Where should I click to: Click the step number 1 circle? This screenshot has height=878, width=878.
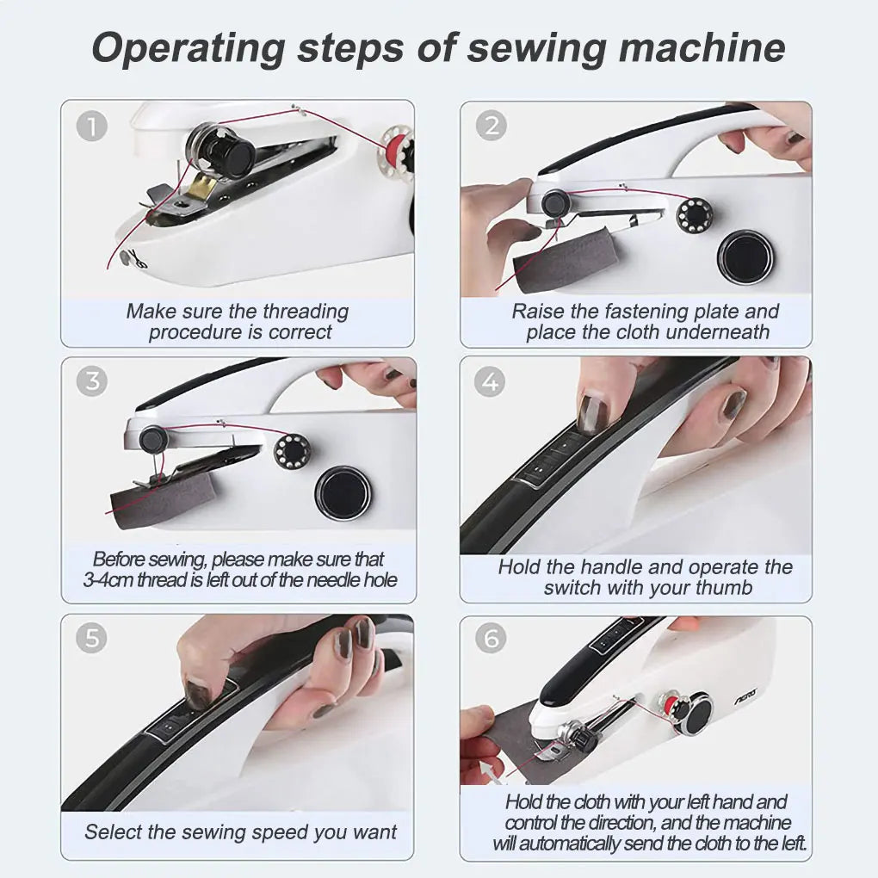tap(92, 127)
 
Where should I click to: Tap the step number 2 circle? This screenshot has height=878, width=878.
tap(492, 127)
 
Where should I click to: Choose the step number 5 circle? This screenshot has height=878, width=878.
tap(92, 639)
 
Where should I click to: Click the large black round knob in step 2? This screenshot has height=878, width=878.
tap(745, 257)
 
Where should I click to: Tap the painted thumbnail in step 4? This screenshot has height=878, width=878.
tap(594, 413)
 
